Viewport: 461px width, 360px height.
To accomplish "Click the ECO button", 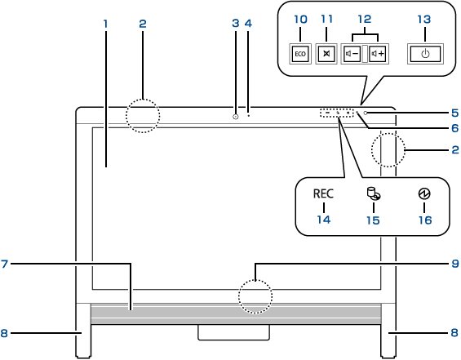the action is coord(300,54).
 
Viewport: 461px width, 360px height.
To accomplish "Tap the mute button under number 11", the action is coord(326,54).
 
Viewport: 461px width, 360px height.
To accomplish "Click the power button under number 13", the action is coord(425,54).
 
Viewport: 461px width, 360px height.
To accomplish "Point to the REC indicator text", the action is coord(323,193).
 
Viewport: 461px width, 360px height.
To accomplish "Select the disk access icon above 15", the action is coord(374,193).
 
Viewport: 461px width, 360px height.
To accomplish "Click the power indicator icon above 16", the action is coord(424,193).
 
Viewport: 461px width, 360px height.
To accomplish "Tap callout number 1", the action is coord(105,24).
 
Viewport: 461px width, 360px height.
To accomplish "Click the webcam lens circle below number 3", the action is coord(236,117).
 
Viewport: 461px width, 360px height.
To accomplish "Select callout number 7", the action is coord(4,264).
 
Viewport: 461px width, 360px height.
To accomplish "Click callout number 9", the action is coord(455,263).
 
